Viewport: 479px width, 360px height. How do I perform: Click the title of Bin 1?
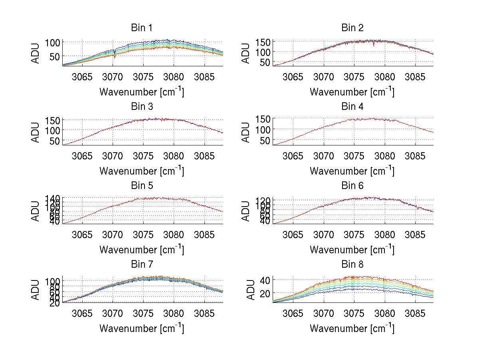[141, 28]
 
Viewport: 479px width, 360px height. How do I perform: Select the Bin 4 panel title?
[352, 107]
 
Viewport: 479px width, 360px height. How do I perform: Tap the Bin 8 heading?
[352, 265]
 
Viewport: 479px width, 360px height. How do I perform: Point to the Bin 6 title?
[352, 186]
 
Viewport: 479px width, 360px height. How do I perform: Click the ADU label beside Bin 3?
[36, 131]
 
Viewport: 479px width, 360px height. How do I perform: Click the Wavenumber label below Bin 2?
[352, 92]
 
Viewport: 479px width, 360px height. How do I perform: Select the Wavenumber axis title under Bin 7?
[141, 328]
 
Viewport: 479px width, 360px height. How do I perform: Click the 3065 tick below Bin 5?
[82, 234]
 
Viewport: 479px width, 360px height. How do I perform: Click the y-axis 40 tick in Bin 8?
[265, 280]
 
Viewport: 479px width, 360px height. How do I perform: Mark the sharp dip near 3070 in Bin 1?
[115, 56]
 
